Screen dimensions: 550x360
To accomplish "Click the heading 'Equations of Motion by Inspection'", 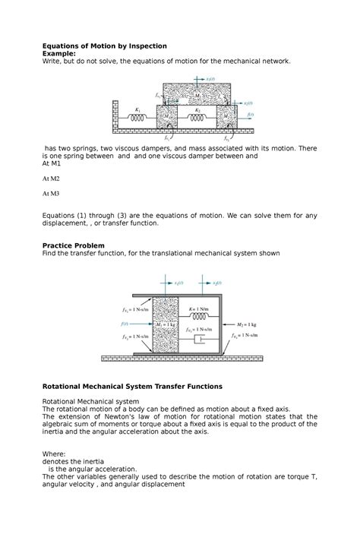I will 104,46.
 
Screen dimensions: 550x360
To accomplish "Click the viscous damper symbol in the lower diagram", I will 199,339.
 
